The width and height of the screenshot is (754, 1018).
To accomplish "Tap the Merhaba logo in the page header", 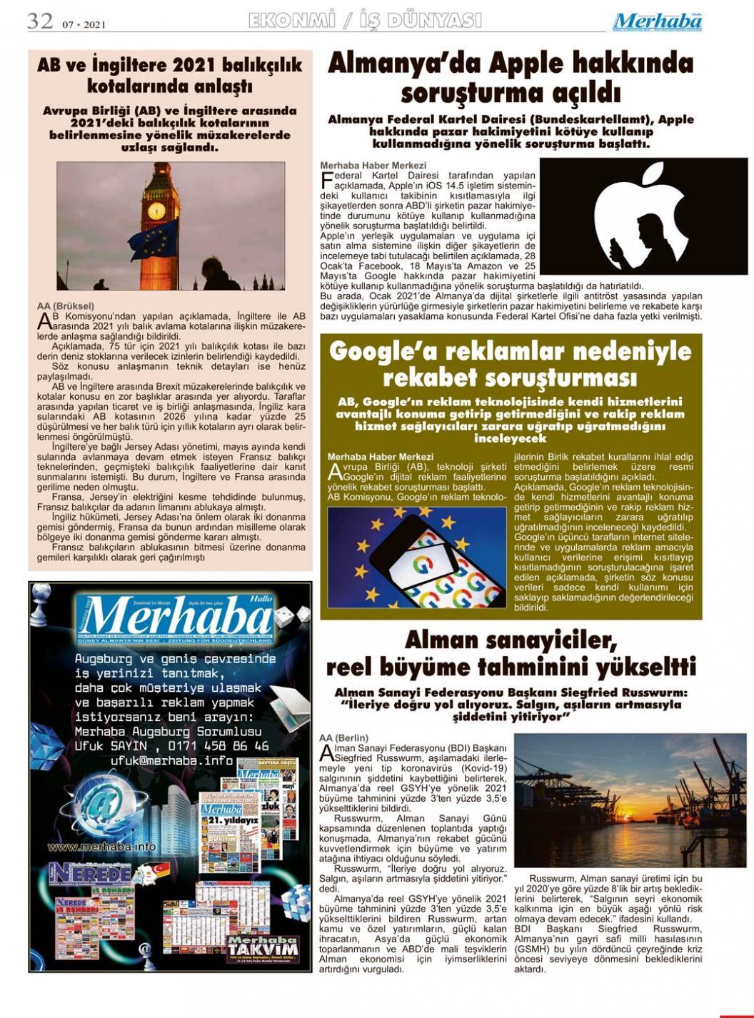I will click(657, 21).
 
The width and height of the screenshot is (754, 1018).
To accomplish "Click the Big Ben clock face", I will click(156, 211).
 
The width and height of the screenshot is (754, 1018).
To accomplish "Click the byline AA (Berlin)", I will click(344, 737).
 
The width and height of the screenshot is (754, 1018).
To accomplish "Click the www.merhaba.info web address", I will click(101, 847).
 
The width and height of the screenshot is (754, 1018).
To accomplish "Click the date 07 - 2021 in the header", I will click(84, 25).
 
